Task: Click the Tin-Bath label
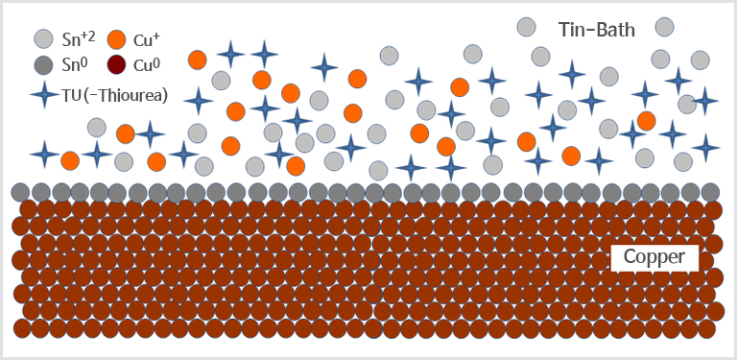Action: pyautogui.click(x=597, y=30)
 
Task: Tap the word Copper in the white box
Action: pyautogui.click(x=654, y=257)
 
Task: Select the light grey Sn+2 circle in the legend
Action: pyautogui.click(x=43, y=39)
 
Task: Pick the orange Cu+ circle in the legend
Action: pyautogui.click(x=116, y=39)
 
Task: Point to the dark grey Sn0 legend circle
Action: pyautogui.click(x=43, y=65)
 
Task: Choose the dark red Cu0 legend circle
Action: pyautogui.click(x=116, y=65)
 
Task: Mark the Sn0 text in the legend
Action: pyautogui.click(x=76, y=65)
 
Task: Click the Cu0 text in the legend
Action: pyautogui.click(x=147, y=65)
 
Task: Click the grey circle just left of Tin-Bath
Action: pyautogui.click(x=526, y=27)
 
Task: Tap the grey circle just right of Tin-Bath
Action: pyautogui.click(x=665, y=27)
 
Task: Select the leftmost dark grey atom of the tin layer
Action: pyautogui.click(x=21, y=192)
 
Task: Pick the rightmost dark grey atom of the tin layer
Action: pyautogui.click(x=710, y=192)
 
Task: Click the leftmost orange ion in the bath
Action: pyautogui.click(x=70, y=161)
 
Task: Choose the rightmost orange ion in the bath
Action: pyautogui.click(x=647, y=121)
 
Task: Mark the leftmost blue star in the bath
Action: pyautogui.click(x=45, y=155)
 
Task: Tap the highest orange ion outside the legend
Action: pyautogui.click(x=198, y=60)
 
